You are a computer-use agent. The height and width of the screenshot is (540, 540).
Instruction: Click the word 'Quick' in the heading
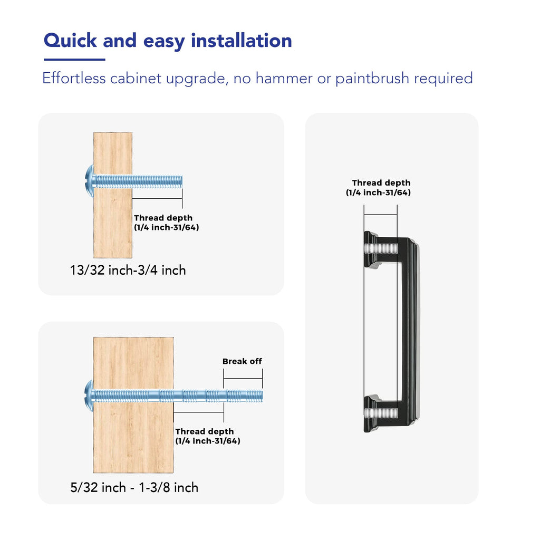(x=70, y=41)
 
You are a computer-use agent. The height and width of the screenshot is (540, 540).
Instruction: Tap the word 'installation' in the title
(x=242, y=40)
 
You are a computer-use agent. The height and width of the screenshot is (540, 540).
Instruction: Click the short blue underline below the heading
(x=74, y=60)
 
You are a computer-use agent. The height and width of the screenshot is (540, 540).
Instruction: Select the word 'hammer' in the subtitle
(x=284, y=78)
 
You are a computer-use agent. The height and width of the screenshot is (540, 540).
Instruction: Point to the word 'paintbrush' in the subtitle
(x=372, y=79)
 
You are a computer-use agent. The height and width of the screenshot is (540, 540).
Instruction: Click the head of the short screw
(x=90, y=181)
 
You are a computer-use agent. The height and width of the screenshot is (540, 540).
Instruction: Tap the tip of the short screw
(x=182, y=181)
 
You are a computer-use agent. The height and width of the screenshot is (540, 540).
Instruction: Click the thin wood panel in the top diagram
(x=113, y=195)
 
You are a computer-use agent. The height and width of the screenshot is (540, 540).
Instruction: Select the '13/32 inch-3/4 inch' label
(x=128, y=271)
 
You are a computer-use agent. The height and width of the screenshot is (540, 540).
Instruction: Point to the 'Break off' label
(x=242, y=361)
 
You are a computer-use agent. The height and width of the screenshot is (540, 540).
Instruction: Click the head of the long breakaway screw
(x=89, y=396)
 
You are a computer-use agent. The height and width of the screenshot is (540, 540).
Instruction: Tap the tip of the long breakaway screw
(x=263, y=396)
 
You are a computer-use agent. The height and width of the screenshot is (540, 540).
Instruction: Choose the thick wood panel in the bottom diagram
(x=133, y=405)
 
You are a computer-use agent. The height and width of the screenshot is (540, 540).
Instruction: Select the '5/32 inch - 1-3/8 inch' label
(x=134, y=488)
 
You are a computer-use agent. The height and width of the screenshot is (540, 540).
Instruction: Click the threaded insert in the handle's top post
(x=381, y=248)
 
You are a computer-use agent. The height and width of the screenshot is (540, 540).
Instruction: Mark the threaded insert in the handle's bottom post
(x=381, y=413)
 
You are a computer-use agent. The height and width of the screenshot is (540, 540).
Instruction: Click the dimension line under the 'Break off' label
(x=243, y=379)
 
